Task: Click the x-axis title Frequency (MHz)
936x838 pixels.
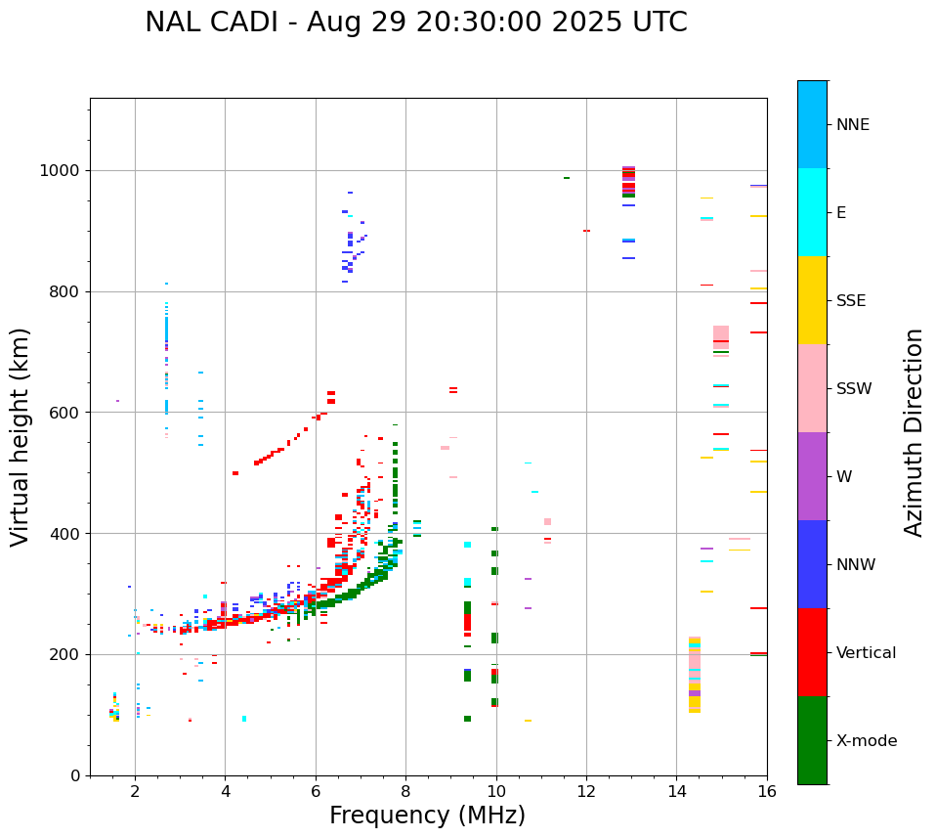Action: (x=427, y=816)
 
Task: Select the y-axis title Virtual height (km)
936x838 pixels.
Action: (x=21, y=436)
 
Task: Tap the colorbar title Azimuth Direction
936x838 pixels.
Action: (x=914, y=432)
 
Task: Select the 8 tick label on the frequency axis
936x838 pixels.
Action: (x=405, y=791)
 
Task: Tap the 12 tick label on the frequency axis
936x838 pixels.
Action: (x=586, y=791)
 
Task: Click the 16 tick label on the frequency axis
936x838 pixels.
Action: (x=767, y=791)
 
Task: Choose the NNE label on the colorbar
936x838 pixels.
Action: (x=852, y=125)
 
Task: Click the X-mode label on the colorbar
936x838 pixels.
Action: (x=866, y=741)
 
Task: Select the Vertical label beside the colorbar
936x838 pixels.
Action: (x=866, y=653)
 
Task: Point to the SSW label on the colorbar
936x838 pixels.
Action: (x=853, y=389)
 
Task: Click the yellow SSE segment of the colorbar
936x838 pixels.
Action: (x=812, y=300)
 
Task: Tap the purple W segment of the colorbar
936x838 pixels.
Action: (x=812, y=476)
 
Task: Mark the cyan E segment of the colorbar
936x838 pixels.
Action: (x=812, y=212)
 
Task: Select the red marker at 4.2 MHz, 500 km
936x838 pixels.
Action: (x=235, y=473)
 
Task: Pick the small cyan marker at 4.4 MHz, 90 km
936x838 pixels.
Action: (x=244, y=719)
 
